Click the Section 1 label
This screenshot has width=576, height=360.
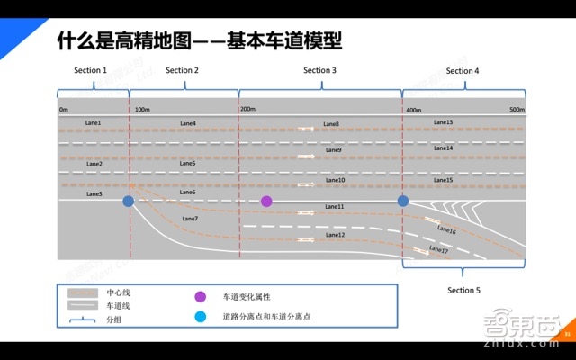pyautogui.click(x=90, y=70)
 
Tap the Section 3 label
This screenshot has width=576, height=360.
pyautogui.click(x=319, y=70)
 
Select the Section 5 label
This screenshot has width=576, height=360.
pyautogui.click(x=464, y=291)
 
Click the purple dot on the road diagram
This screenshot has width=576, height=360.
pyautogui.click(x=266, y=201)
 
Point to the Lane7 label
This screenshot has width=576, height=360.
pyautogui.click(x=190, y=219)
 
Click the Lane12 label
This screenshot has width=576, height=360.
pyautogui.click(x=335, y=235)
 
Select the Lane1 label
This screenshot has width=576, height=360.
pyautogui.click(x=94, y=122)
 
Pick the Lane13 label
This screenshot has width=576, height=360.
pyautogui.click(x=443, y=122)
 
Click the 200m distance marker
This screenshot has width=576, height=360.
pyautogui.click(x=248, y=109)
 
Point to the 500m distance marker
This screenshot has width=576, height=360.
pyautogui.click(x=516, y=109)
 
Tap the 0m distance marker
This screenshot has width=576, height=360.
pyautogui.click(x=64, y=109)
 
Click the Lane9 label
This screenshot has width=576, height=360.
pyautogui.click(x=333, y=150)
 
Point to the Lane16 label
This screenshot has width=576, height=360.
pyautogui.click(x=446, y=232)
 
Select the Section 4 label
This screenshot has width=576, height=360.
pyautogui.click(x=463, y=70)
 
